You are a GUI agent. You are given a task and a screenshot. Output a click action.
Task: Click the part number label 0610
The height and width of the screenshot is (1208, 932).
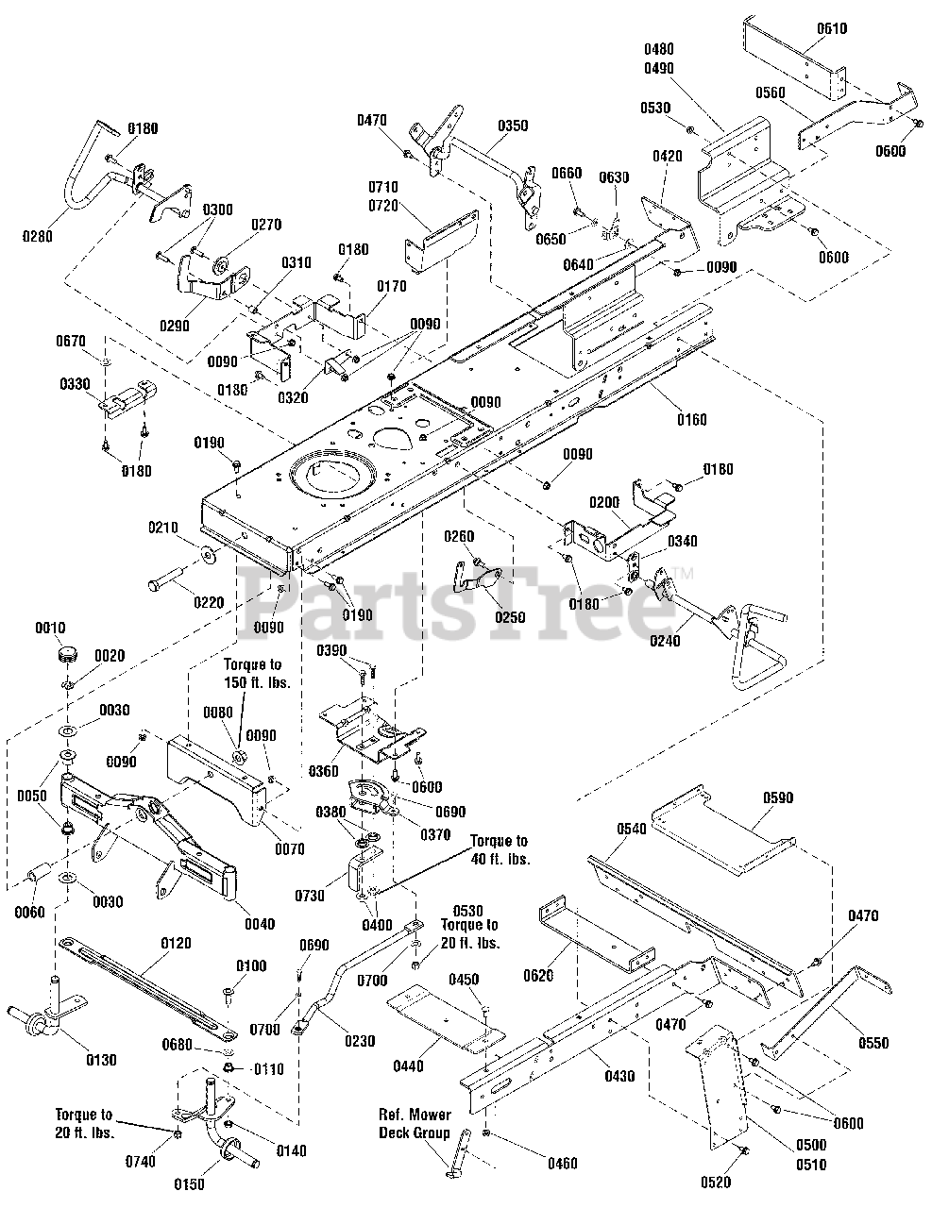coord(832,28)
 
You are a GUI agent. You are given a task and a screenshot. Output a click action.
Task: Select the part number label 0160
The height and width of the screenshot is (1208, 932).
coord(692,420)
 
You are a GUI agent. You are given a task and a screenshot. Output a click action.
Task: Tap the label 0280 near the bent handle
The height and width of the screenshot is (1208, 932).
coord(38,236)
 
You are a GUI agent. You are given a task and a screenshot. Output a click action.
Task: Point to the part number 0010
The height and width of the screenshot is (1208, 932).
coord(51,628)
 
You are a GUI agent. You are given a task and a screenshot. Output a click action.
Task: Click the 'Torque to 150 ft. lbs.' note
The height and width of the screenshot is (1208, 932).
coord(258,673)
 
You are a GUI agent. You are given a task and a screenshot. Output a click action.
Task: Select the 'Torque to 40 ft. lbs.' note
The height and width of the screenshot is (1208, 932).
coord(500,850)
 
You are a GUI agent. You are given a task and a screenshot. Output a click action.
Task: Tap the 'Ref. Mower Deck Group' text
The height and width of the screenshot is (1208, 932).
coord(415,1123)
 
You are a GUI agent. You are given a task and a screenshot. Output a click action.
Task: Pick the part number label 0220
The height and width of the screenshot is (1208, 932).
coord(209,603)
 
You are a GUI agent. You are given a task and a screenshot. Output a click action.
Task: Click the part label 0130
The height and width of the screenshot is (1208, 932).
coord(101,1060)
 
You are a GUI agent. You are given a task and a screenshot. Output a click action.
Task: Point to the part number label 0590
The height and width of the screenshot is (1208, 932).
coord(778,797)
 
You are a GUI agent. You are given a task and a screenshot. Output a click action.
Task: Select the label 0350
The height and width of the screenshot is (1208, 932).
coord(513,126)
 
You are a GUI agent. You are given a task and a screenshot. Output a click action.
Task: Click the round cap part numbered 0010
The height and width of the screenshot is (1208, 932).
coord(67,653)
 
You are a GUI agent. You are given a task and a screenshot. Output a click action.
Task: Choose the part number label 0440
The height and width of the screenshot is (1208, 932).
coord(408,1066)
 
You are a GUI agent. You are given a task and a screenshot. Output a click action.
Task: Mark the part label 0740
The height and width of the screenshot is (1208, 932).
coord(140,1162)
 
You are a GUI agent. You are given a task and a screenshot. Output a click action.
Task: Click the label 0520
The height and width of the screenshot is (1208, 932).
coord(716,1183)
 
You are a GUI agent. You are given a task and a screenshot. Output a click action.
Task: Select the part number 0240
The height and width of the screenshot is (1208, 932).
coord(665,641)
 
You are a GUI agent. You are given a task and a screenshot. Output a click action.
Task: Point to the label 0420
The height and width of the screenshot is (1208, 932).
coord(668,156)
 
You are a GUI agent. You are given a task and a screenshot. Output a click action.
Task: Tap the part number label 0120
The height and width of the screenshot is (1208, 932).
coord(176,944)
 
